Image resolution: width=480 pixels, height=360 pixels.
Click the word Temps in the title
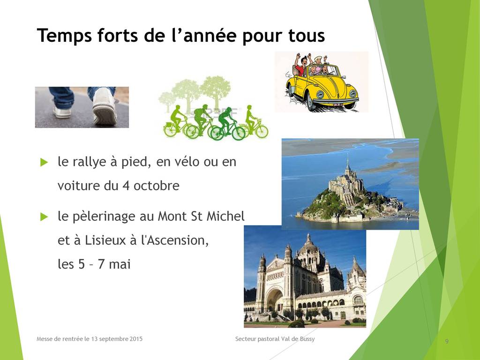[x=64, y=36]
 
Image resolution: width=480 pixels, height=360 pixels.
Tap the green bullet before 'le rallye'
[x=44, y=162]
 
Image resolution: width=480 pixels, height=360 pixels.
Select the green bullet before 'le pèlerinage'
[x=44, y=217]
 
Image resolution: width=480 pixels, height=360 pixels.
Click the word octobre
[x=157, y=186]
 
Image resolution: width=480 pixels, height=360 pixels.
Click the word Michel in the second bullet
[x=225, y=216]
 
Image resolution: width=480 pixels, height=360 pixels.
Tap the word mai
[x=120, y=264]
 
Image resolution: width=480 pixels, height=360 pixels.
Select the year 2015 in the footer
[x=135, y=339]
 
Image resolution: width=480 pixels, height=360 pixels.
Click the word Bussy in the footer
[x=307, y=339]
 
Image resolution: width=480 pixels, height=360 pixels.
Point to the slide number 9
[x=447, y=341]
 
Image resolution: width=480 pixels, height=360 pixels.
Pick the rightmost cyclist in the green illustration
[x=253, y=122]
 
